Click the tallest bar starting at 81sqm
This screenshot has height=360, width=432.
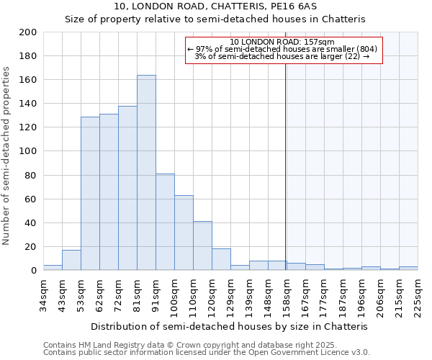[x=146, y=173]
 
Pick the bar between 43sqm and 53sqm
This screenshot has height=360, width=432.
[x=71, y=260]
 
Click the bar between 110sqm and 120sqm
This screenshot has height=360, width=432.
[x=202, y=246]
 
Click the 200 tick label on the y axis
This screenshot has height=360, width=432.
[x=28, y=32]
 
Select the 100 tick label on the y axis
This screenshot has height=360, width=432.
[x=28, y=151]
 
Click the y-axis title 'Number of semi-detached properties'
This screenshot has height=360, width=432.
[x=7, y=156]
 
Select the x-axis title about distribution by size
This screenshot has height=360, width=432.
[x=230, y=326]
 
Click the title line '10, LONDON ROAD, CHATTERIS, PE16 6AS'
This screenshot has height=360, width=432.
[x=215, y=6]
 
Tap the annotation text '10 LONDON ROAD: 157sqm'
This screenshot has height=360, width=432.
[x=282, y=42]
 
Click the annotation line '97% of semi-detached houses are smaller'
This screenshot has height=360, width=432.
[x=282, y=49]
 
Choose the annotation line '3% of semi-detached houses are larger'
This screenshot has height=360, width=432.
[x=282, y=56]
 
